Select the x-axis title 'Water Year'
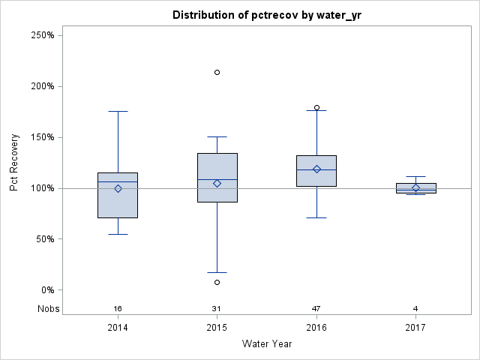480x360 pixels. (x=266, y=344)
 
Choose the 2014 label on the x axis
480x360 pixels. (x=118, y=328)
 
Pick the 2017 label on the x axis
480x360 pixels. (x=415, y=328)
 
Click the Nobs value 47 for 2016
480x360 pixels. (x=316, y=309)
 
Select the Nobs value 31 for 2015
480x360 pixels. (x=217, y=309)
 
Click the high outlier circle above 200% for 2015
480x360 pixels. (x=217, y=73)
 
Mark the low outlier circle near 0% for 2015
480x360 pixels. (x=217, y=283)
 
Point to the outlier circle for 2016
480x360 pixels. (x=316, y=108)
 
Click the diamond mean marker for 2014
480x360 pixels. (x=118, y=189)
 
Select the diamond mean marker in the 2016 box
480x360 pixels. (x=316, y=169)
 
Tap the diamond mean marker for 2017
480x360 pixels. (x=415, y=188)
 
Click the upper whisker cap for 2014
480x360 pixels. (x=118, y=111)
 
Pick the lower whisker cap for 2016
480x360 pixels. (x=316, y=217)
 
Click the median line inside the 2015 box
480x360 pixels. (x=217, y=180)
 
